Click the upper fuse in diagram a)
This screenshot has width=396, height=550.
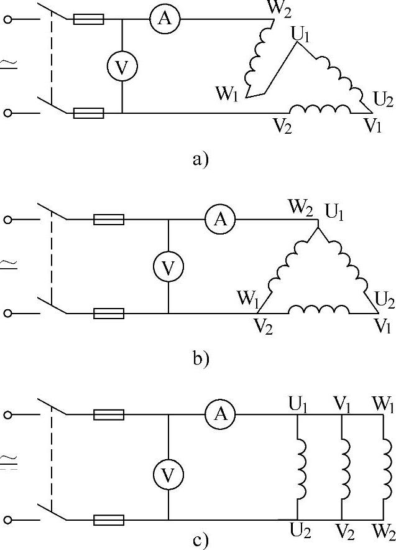(88, 20)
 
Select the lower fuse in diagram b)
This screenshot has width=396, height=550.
(109, 313)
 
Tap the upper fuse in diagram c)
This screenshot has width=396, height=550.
(109, 414)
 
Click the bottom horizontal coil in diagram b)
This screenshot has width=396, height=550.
(319, 309)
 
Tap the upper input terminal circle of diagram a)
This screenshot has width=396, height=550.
(8, 20)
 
